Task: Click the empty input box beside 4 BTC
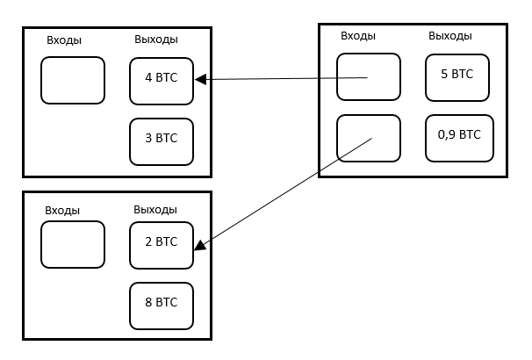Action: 73,81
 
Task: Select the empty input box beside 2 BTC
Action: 73,245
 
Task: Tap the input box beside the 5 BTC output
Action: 369,77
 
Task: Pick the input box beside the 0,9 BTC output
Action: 369,139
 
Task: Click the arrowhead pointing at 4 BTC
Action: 200,80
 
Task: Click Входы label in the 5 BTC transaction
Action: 358,36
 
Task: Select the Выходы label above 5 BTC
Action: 449,36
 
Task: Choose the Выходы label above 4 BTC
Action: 156,40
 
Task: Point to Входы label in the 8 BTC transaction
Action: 62,211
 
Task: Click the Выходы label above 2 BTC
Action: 155,210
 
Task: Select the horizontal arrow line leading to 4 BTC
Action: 281,79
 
